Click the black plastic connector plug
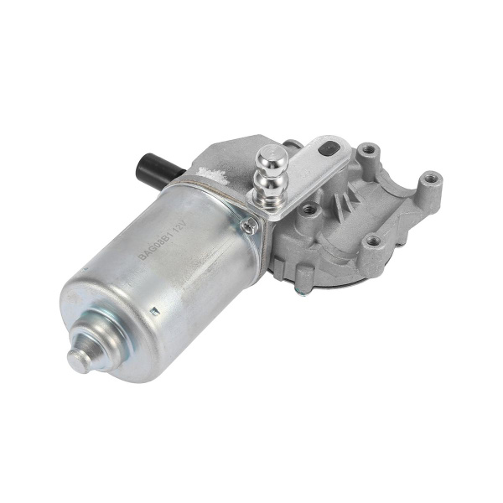click(150, 162)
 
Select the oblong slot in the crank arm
click(334, 151)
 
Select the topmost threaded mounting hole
click(367, 153)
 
